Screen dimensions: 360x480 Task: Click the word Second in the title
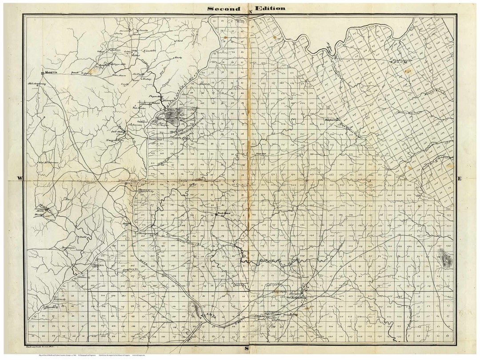(x=224, y=8)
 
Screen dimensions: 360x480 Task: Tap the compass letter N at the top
(x=251, y=12)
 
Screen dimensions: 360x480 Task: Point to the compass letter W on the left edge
(x=20, y=178)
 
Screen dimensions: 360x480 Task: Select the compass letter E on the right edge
(x=460, y=178)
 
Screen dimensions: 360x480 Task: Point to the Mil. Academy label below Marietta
(x=37, y=83)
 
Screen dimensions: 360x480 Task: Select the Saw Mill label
(x=117, y=132)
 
